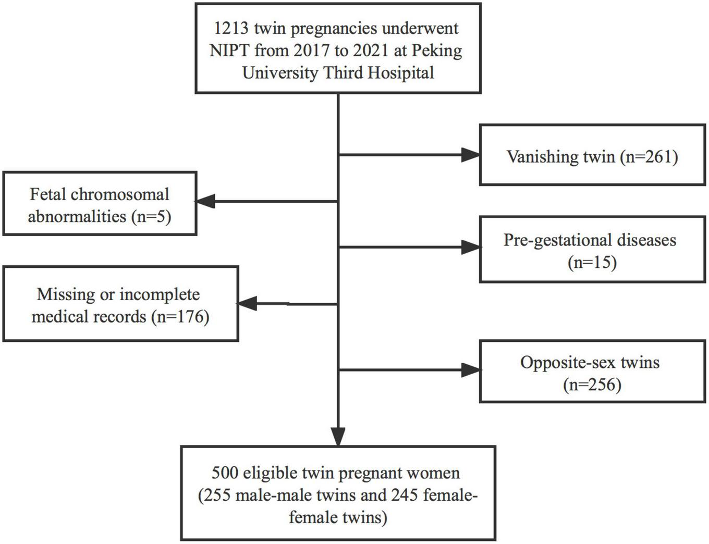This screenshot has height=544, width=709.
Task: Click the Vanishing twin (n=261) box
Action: point(592,155)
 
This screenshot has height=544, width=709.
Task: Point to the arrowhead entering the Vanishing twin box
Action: point(470,154)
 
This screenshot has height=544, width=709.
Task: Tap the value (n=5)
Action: point(152,216)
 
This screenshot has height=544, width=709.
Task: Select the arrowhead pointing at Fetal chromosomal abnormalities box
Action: point(205,201)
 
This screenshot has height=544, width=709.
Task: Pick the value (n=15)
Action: point(592,262)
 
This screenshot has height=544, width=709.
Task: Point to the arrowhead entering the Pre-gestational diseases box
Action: point(470,247)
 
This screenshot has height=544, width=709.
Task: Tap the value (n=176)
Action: point(180,316)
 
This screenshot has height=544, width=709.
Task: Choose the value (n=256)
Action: point(592,385)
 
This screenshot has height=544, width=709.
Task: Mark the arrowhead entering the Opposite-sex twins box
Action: point(470,370)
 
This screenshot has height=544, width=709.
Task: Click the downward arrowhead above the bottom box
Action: point(338,436)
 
